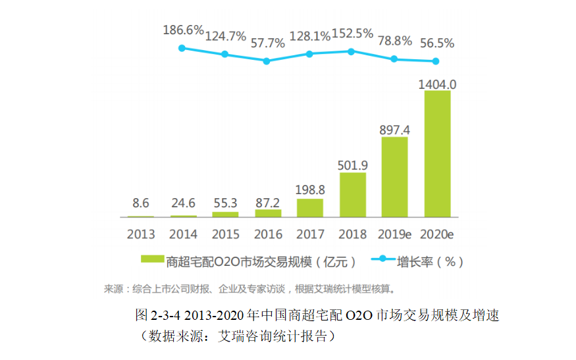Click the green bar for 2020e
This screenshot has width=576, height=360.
click(x=437, y=154)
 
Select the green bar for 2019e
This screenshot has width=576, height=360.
click(x=394, y=178)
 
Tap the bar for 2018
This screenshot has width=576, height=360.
click(x=352, y=195)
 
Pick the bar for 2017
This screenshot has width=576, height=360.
click(x=310, y=208)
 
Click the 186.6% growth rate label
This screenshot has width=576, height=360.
click(x=182, y=30)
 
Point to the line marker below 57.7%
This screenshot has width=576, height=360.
click(x=267, y=61)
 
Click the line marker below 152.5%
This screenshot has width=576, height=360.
click(x=352, y=51)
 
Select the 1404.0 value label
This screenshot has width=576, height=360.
click(x=438, y=84)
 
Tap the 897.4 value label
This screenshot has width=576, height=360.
click(x=395, y=130)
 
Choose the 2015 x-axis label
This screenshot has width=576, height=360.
click(x=226, y=234)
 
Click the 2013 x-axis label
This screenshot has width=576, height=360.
click(x=141, y=234)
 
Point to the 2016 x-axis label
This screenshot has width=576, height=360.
click(x=268, y=234)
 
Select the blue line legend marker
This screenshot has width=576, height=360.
click(x=381, y=261)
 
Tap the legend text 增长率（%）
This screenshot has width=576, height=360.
click(x=429, y=261)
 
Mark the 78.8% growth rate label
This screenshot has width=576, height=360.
click(x=394, y=41)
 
